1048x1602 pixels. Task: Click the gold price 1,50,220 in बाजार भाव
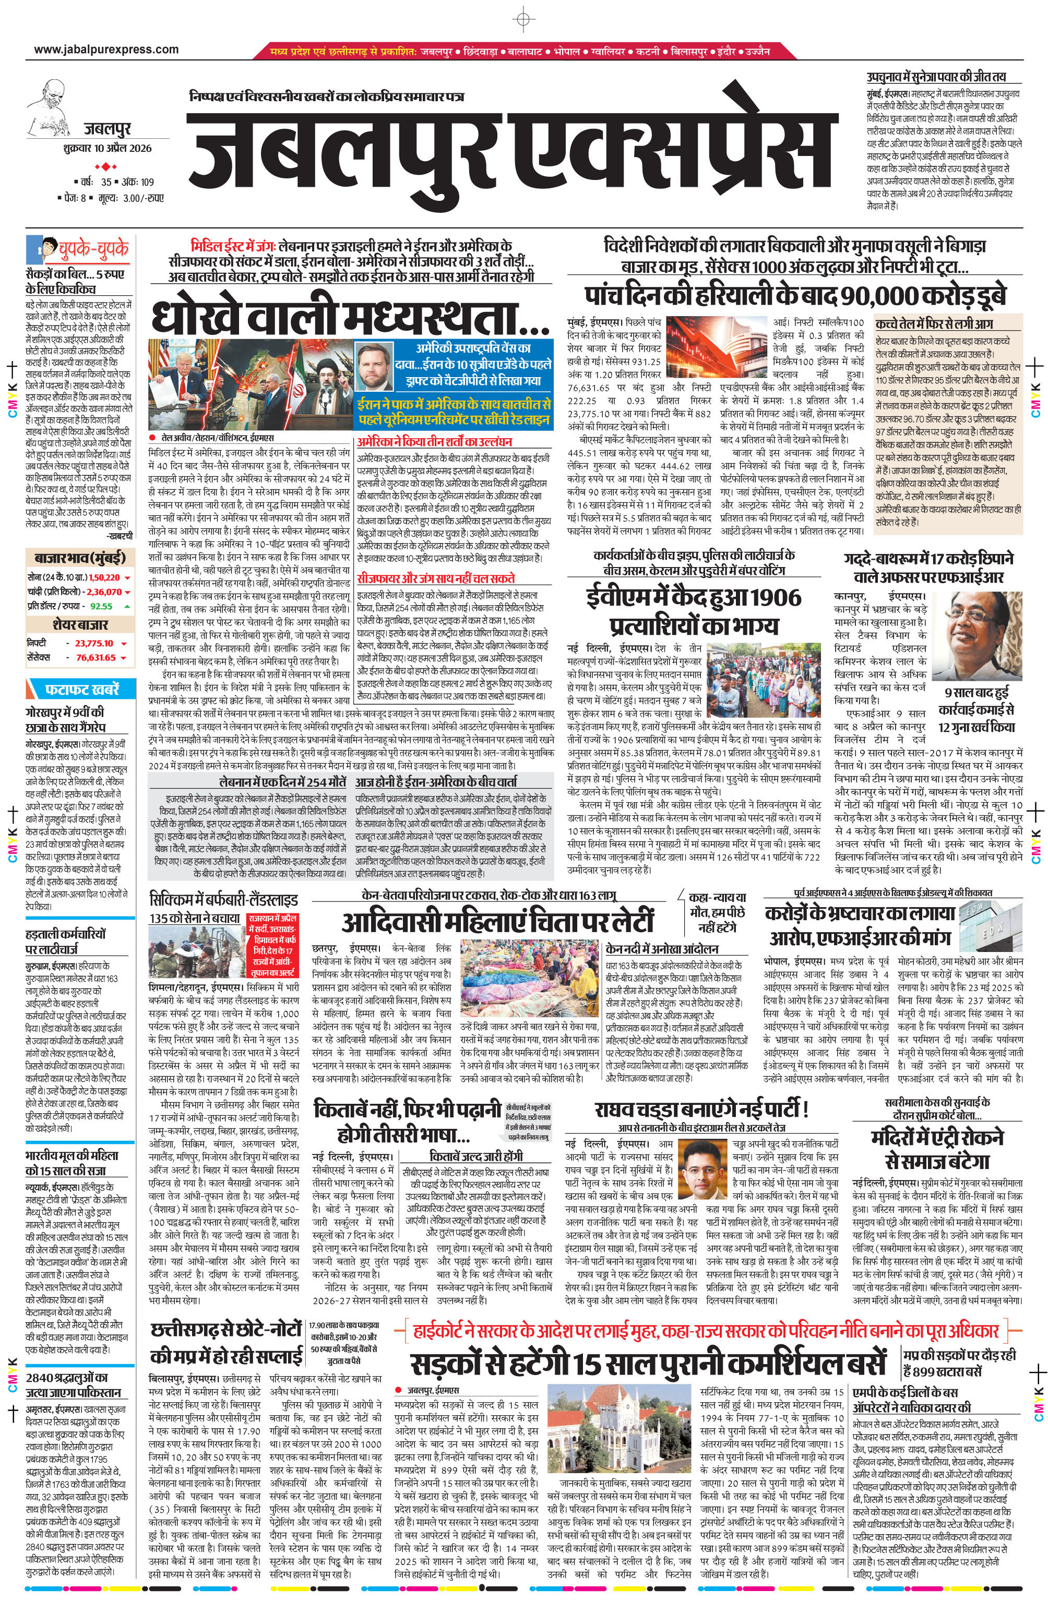click(x=104, y=577)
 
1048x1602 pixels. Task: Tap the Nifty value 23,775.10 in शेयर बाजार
click(x=94, y=643)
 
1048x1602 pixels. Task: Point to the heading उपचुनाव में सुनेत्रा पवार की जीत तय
click(x=935, y=77)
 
